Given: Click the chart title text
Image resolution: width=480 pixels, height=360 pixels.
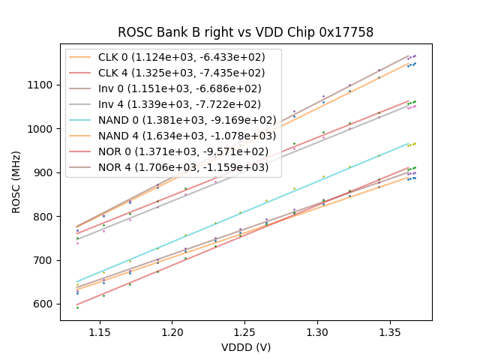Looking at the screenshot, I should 245,32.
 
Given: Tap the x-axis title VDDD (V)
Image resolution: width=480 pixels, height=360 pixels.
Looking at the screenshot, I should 245,347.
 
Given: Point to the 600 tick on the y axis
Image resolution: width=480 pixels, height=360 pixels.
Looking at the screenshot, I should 43,304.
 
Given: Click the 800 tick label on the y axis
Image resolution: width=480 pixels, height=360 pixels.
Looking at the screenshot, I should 43,216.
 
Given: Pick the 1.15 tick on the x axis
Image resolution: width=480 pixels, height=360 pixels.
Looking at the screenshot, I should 100,331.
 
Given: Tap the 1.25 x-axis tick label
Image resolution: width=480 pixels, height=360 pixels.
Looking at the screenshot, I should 244,331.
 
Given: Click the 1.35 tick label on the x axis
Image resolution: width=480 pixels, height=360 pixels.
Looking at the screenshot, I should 390,331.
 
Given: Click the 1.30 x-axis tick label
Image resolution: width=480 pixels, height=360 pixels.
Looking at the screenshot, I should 317,331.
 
